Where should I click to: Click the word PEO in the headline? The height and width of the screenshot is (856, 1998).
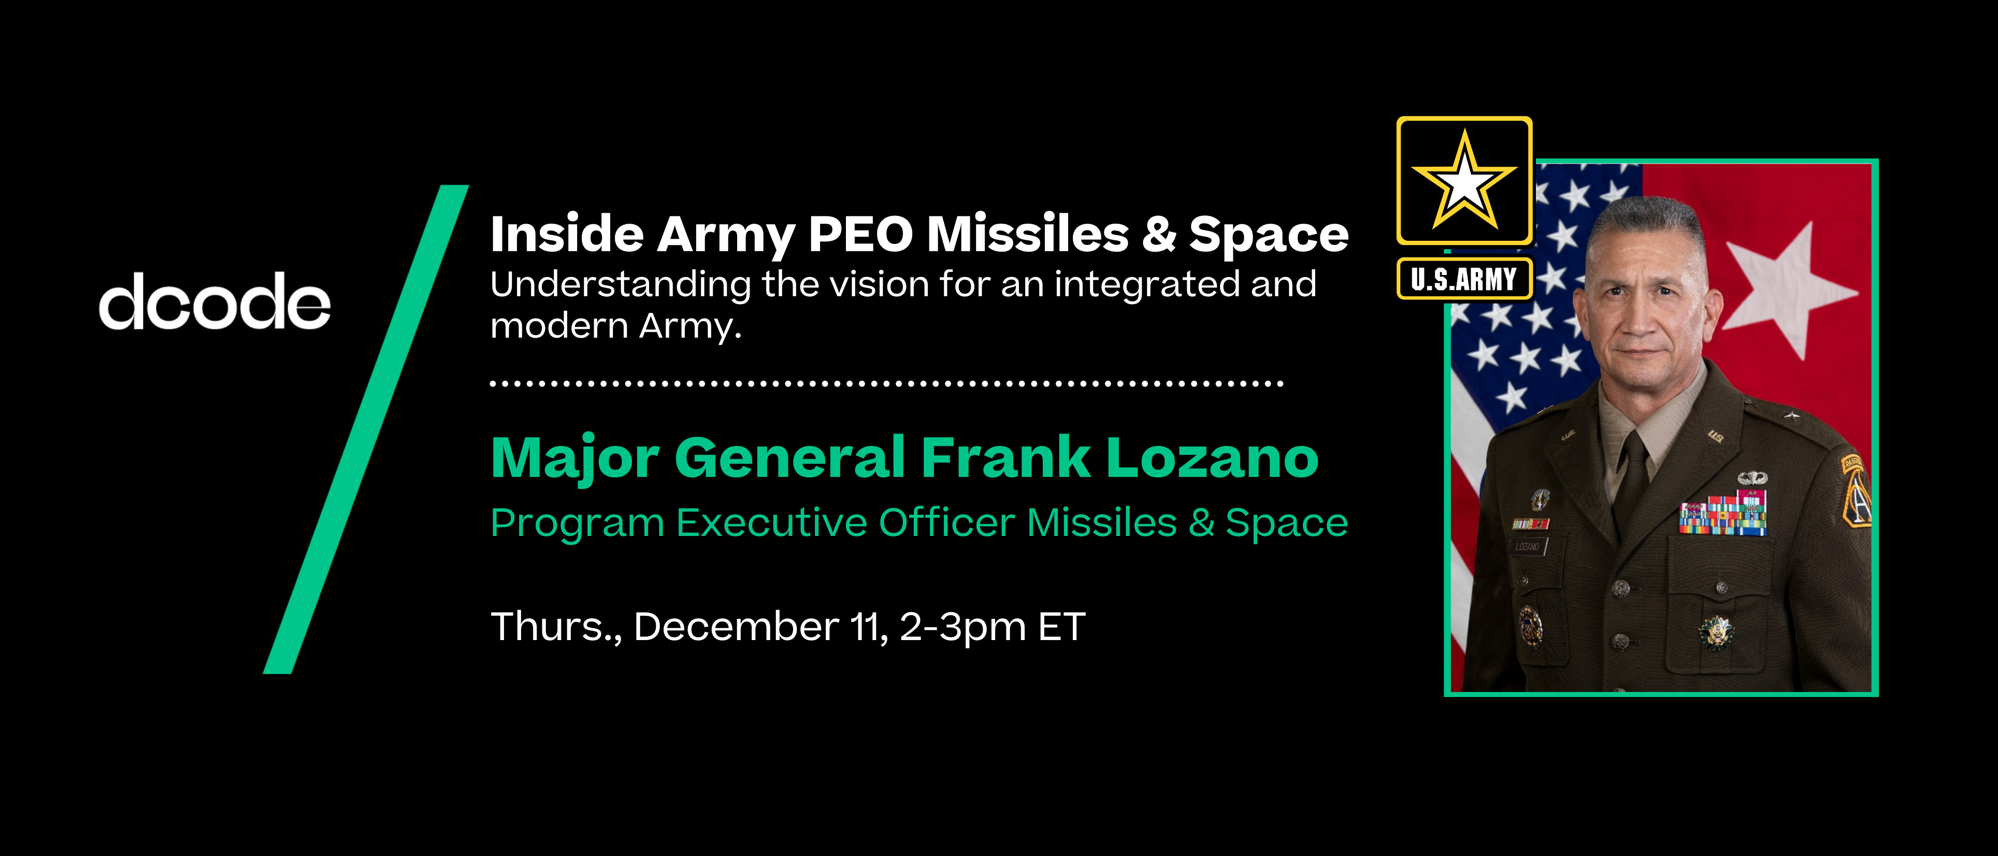[x=861, y=234]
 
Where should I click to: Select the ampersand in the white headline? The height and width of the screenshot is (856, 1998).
[x=1159, y=234]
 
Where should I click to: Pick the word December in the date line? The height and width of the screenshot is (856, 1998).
[x=735, y=627]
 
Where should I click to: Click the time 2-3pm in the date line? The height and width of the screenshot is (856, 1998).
[x=962, y=627]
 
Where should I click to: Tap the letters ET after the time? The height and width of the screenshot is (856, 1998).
[x=1061, y=627]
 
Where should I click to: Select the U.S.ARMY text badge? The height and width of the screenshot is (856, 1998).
[x=1463, y=279]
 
